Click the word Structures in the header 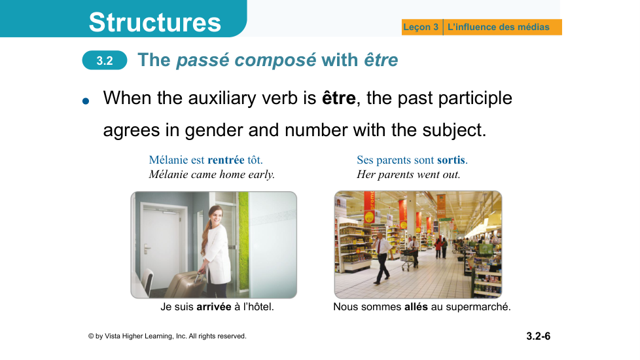pos(154,22)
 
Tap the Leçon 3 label pos(421,27)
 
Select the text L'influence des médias pos(499,27)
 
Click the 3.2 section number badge pos(105,60)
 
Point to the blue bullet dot pos(86,101)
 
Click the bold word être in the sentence pos(339,98)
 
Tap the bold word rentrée pos(226,160)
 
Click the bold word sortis pos(451,160)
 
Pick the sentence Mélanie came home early pos(212,175)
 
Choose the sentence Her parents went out pos(408,175)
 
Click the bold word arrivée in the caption pos(214,306)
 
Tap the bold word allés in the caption pos(416,306)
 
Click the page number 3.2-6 pos(539,336)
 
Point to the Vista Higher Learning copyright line pos(168,336)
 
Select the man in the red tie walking pos(382,257)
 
